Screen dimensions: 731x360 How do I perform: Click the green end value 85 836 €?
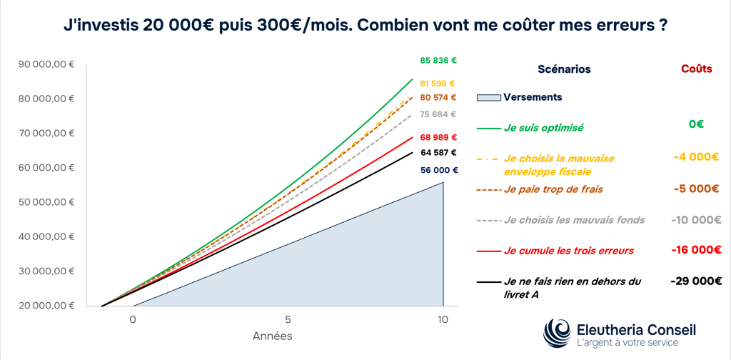438,60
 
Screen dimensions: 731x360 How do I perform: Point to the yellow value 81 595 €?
438,84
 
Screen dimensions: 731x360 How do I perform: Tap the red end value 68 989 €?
438,137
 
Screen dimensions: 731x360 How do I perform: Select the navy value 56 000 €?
438,170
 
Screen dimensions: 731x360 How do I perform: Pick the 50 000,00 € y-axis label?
46,202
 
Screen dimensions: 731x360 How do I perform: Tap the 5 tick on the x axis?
288,320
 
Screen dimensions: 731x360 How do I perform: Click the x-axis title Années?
273,336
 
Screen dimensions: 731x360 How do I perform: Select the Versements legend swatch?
488,97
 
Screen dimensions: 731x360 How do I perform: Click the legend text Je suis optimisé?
543,127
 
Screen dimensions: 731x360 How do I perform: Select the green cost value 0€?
697,124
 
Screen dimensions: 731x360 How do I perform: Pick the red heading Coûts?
697,69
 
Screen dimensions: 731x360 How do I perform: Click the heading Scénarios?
564,69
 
